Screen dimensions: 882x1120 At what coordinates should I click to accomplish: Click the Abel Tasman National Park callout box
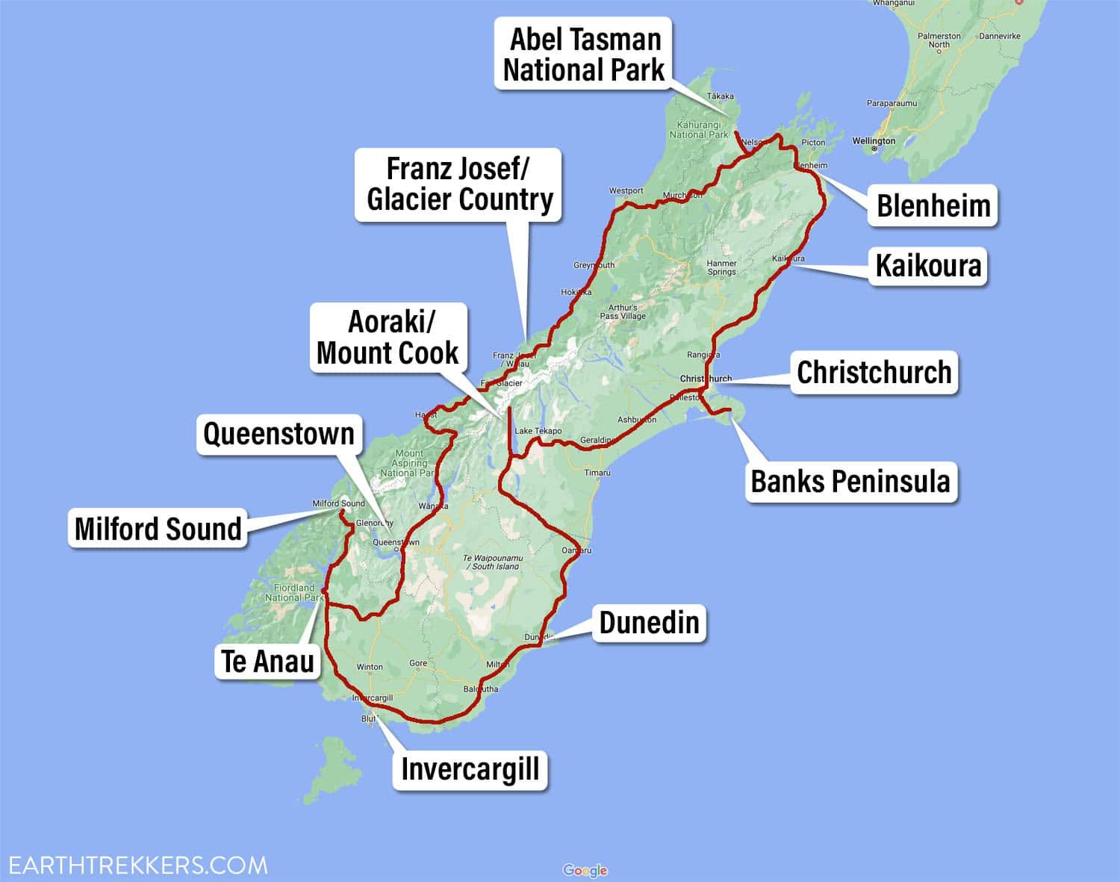[x=583, y=55]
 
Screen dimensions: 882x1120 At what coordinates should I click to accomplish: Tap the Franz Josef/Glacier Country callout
[x=459, y=184]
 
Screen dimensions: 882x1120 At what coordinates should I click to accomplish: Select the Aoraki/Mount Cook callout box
[x=388, y=338]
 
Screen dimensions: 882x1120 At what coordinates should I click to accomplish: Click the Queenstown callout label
[x=279, y=434]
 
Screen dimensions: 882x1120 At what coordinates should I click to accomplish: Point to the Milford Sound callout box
[x=158, y=529]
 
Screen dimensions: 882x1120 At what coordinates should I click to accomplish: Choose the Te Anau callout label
[x=267, y=661]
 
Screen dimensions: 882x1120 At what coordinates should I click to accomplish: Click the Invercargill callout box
[x=470, y=768]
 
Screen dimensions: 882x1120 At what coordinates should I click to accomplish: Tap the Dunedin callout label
[x=649, y=622]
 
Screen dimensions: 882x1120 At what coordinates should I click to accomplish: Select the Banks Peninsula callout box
[x=850, y=482]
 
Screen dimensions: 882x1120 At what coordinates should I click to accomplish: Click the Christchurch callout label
[x=874, y=372]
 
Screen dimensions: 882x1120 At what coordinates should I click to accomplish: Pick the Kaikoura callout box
[x=928, y=265]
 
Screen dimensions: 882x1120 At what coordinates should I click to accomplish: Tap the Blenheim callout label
[x=933, y=205]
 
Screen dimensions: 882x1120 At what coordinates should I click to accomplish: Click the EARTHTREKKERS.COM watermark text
[x=134, y=866]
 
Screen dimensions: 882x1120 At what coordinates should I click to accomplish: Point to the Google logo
[x=585, y=870]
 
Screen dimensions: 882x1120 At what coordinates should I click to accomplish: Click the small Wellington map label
[x=874, y=141]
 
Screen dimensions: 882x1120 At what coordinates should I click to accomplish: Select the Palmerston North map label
[x=939, y=40]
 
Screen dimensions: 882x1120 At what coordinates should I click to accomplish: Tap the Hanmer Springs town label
[x=721, y=267]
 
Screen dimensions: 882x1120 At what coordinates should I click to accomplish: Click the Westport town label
[x=626, y=191]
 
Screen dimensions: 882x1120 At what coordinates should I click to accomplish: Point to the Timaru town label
[x=597, y=473]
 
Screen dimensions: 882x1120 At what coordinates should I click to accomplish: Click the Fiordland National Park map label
[x=294, y=592]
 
